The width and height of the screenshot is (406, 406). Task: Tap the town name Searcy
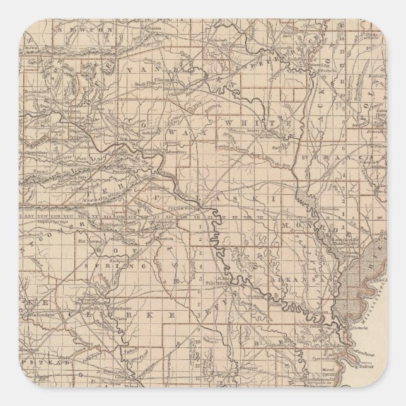click(253, 131)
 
